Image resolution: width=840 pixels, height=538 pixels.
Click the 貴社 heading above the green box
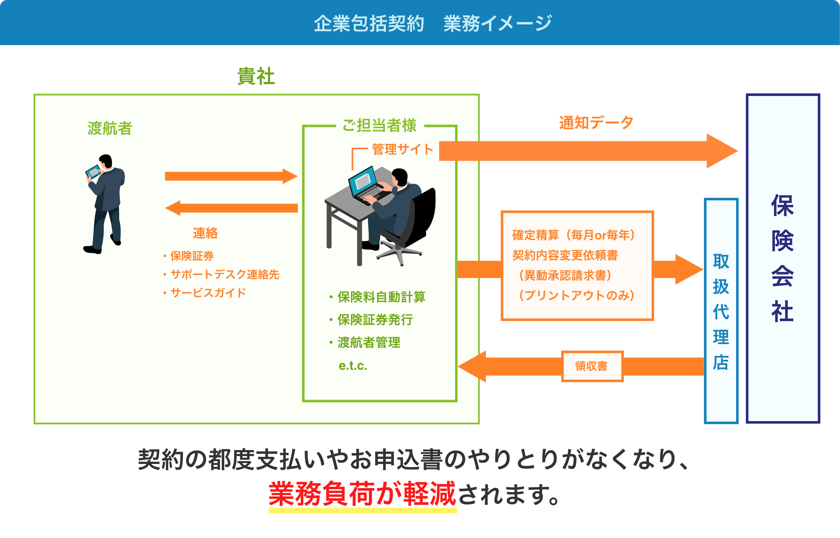coord(256,77)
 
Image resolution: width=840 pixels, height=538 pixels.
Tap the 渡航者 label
coord(110,128)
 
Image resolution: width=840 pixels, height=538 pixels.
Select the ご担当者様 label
coord(379,125)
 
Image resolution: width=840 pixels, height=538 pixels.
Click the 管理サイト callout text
coord(403,149)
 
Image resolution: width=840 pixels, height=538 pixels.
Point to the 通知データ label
coord(596,123)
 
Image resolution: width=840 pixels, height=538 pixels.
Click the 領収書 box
coord(592,366)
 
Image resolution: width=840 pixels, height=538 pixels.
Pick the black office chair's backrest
coord(423,215)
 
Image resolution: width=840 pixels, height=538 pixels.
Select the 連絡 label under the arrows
coord(205,233)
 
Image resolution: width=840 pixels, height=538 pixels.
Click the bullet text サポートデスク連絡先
coord(225,274)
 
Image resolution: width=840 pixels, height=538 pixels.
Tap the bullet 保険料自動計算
coord(381,297)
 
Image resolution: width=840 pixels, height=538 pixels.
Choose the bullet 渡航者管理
coord(368,342)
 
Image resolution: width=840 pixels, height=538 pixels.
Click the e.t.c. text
coord(353,366)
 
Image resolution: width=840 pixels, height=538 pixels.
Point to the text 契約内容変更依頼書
coord(565,255)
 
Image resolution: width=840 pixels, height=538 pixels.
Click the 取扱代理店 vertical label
coord(721,311)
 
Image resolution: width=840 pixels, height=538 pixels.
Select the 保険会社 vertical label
coord(782,258)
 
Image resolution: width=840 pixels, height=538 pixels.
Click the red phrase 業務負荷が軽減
coord(362,494)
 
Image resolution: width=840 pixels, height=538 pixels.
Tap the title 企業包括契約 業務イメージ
coord(432,23)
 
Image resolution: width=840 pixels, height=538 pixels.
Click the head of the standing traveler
coord(106,161)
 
